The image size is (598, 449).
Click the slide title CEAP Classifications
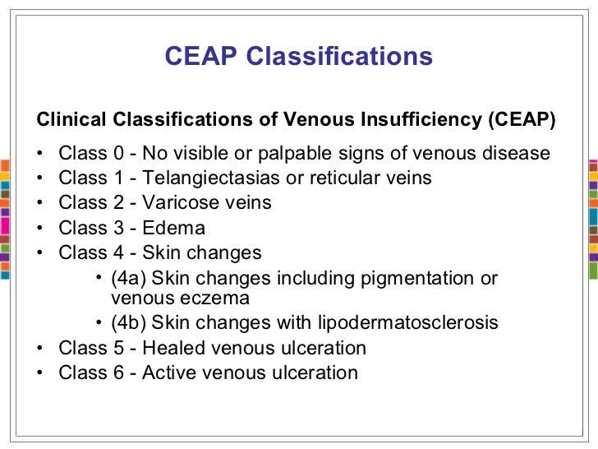point(298,56)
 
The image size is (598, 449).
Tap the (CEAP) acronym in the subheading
point(521,120)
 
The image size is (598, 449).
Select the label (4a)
point(129,278)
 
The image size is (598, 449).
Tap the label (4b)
point(129,323)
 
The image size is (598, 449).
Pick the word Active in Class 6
point(168,373)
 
